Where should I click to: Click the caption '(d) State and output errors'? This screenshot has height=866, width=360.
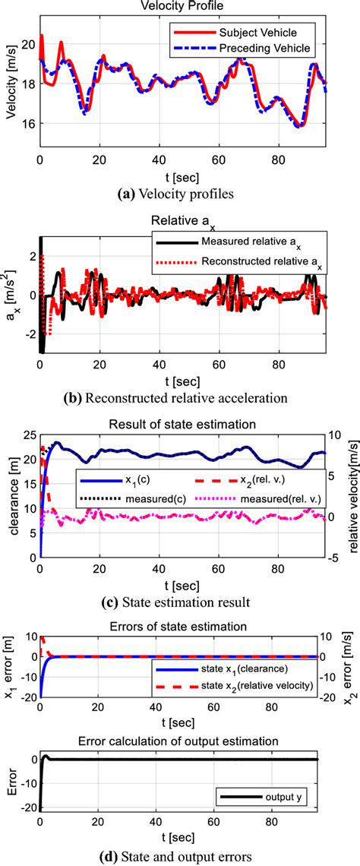tap(179, 857)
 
